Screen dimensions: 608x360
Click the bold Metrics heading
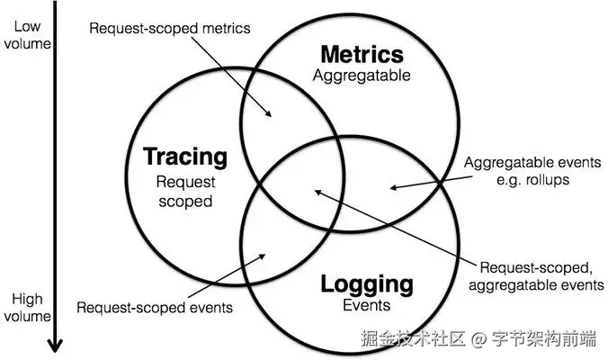coord(362,54)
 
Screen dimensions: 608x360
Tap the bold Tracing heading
coord(186,157)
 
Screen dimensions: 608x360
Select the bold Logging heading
coord(367,285)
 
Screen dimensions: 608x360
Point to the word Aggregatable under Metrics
coord(362,76)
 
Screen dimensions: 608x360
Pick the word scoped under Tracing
coord(186,200)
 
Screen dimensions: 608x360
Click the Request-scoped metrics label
coord(170,28)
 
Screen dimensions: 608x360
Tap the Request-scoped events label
coord(155,307)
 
